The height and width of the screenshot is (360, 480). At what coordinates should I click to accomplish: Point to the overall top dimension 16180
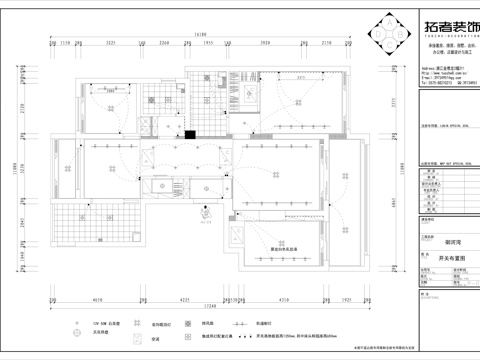[x=200, y=35]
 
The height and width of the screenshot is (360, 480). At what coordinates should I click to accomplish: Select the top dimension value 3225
[x=113, y=44]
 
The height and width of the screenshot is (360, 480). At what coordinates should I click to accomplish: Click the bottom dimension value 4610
[x=97, y=297]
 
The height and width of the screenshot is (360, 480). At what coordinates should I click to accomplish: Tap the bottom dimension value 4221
[x=185, y=297]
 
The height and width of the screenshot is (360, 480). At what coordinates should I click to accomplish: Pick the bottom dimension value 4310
[x=284, y=297]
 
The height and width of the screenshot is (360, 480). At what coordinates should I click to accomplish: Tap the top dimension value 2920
[x=266, y=44]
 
